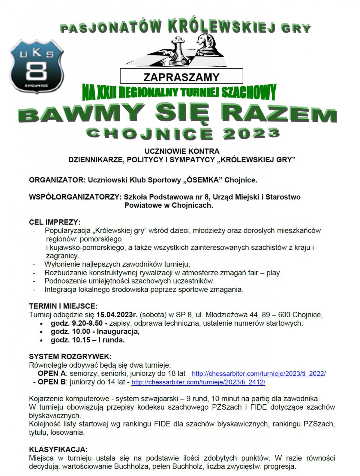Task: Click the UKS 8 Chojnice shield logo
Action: point(37,67)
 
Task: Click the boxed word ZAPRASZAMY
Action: point(181,77)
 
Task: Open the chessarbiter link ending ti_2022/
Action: point(259,374)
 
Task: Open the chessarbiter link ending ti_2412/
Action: point(198,382)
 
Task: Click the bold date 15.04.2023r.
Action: point(117,315)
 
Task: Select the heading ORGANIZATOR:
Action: point(57,180)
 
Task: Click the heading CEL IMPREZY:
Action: point(55,222)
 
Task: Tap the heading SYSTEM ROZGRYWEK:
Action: point(70,357)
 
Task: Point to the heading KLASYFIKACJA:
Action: point(58,450)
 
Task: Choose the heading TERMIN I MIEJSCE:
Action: point(63,306)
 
